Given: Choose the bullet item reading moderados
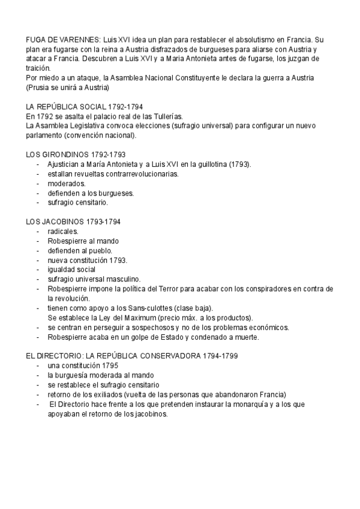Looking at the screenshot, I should (67, 184).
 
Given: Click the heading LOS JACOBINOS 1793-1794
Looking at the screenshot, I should (74, 221).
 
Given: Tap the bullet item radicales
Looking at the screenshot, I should (63, 231).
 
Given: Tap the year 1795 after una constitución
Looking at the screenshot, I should (109, 366).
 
